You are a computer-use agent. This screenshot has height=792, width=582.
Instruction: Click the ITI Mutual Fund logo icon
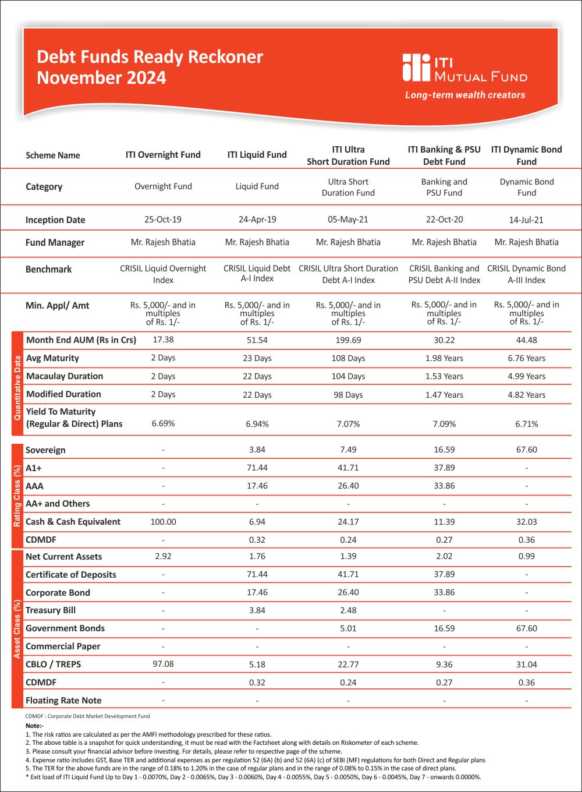[416, 68]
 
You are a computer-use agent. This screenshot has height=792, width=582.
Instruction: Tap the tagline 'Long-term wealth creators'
[465, 95]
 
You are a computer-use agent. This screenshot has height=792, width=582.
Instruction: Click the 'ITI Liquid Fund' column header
[257, 155]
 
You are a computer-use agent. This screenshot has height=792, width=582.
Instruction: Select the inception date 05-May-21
[348, 220]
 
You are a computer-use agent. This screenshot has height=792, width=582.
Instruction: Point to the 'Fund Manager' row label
[55, 242]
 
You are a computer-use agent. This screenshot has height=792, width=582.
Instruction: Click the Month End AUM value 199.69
[348, 340]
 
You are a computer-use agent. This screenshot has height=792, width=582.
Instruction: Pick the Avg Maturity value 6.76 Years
[526, 358]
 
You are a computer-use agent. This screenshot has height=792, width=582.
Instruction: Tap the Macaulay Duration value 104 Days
[348, 376]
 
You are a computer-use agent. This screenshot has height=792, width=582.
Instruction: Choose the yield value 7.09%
[444, 424]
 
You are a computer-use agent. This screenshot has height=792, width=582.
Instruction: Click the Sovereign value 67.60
[526, 450]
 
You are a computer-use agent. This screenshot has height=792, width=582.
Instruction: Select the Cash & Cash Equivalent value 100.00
[163, 522]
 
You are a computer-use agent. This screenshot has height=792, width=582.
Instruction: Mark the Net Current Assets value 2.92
[163, 556]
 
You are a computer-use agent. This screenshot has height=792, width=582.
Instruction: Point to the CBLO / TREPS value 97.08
[163, 664]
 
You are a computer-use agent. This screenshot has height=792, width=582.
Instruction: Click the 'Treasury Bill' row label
[51, 610]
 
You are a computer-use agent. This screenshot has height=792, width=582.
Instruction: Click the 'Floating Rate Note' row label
[63, 701]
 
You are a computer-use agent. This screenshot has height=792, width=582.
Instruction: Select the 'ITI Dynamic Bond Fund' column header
[526, 155]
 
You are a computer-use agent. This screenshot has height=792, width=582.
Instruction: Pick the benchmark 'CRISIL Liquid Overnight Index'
[163, 274]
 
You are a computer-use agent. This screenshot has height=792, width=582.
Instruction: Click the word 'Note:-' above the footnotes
[34, 726]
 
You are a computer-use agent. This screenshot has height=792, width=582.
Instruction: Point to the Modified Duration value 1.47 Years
[444, 395]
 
